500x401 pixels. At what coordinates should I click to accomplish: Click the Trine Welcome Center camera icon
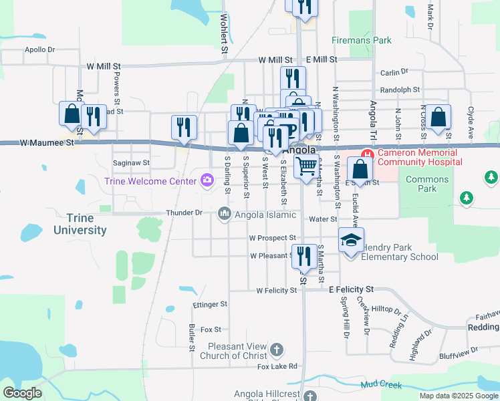(207, 179)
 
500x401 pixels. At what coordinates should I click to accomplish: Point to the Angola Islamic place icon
(224, 215)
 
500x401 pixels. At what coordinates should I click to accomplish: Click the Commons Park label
(427, 184)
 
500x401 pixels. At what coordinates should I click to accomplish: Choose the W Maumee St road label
(45, 142)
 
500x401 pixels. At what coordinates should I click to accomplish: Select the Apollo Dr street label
(39, 49)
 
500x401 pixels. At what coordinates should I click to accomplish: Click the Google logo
(23, 393)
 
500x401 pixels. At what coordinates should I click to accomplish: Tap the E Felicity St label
(352, 289)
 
